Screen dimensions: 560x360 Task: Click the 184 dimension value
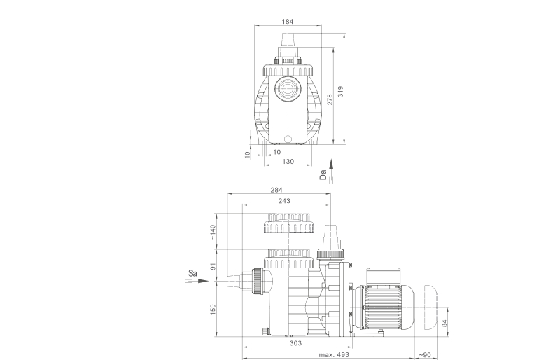click(x=288, y=22)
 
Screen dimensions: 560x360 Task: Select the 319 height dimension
click(x=341, y=91)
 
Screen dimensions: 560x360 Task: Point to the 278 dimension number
click(x=330, y=99)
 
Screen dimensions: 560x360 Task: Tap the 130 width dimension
click(x=288, y=162)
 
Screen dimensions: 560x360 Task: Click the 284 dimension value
click(x=276, y=190)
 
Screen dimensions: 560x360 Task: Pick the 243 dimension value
click(x=284, y=201)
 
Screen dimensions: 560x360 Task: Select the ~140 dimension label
click(x=213, y=232)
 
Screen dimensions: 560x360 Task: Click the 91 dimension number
click(x=213, y=266)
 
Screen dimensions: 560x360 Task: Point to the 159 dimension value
click(x=213, y=310)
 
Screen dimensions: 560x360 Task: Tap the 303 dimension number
click(x=295, y=343)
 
